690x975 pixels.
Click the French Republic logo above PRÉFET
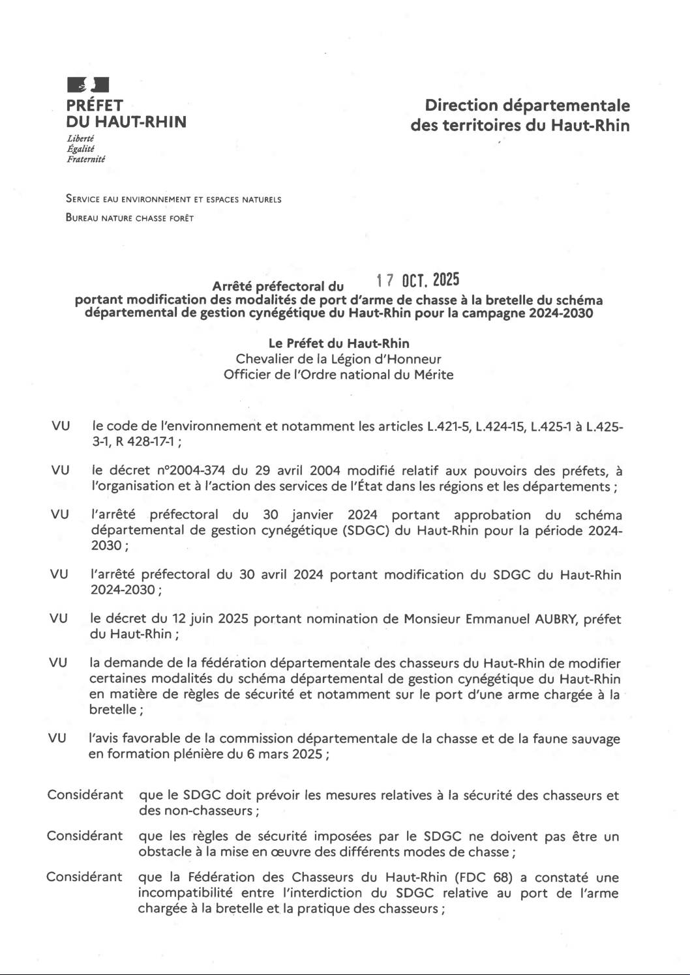87,85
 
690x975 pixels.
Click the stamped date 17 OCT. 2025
418,280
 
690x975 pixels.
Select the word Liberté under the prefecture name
80,138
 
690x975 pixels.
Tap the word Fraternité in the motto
85,159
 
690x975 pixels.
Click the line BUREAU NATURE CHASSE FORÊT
130,218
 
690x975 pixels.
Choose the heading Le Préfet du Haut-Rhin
339,343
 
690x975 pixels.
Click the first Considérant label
85,795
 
